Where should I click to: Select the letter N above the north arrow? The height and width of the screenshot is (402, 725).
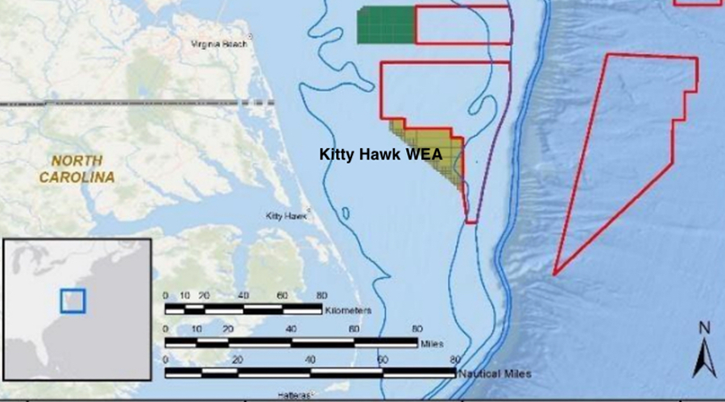pyautogui.click(x=703, y=328)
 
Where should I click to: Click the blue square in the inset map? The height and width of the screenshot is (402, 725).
pyautogui.click(x=72, y=300)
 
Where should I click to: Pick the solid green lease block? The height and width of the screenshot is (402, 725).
pyautogui.click(x=386, y=25)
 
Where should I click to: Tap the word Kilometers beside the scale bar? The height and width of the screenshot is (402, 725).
pyautogui.click(x=347, y=309)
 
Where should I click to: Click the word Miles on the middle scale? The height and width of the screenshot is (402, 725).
pyautogui.click(x=431, y=344)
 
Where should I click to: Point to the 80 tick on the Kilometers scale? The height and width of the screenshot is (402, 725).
pyautogui.click(x=320, y=296)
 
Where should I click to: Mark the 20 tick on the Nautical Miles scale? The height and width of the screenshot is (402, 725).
pyautogui.click(x=237, y=360)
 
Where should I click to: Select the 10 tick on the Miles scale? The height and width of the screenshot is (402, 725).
pyautogui.click(x=197, y=329)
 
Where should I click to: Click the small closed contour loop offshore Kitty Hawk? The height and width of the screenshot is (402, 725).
pyautogui.click(x=347, y=215)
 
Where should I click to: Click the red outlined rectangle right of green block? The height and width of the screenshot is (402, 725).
pyautogui.click(x=462, y=25)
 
